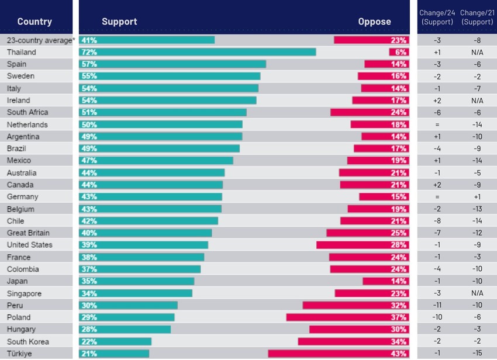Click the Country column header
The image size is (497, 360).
[34, 22]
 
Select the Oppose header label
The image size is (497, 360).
[374, 22]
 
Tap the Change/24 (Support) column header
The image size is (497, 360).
[437, 18]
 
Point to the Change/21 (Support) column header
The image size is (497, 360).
[477, 18]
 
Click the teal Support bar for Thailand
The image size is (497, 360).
[198, 52]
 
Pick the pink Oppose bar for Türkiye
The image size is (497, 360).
[338, 354]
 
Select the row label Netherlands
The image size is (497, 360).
[27, 124]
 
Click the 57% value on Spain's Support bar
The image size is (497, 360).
[89, 64]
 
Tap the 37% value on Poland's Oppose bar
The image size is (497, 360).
[399, 317]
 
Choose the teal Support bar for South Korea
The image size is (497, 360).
[115, 341]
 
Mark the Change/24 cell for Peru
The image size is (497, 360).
[437, 305]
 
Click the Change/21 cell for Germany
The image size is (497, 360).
[477, 197]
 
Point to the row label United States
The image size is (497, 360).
[29, 245]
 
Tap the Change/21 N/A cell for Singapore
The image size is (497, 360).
[477, 293]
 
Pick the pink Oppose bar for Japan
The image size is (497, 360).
[385, 281]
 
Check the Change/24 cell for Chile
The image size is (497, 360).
[437, 221]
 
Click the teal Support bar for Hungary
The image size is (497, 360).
[125, 330]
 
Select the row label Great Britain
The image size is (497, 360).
[28, 233]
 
